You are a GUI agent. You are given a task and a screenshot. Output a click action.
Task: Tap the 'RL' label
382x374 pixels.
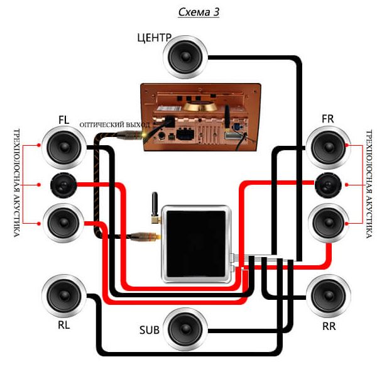(63, 326)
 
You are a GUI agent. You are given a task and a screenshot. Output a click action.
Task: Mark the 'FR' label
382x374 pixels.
(327, 119)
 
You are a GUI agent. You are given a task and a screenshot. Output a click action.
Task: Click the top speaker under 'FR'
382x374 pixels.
(327, 147)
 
